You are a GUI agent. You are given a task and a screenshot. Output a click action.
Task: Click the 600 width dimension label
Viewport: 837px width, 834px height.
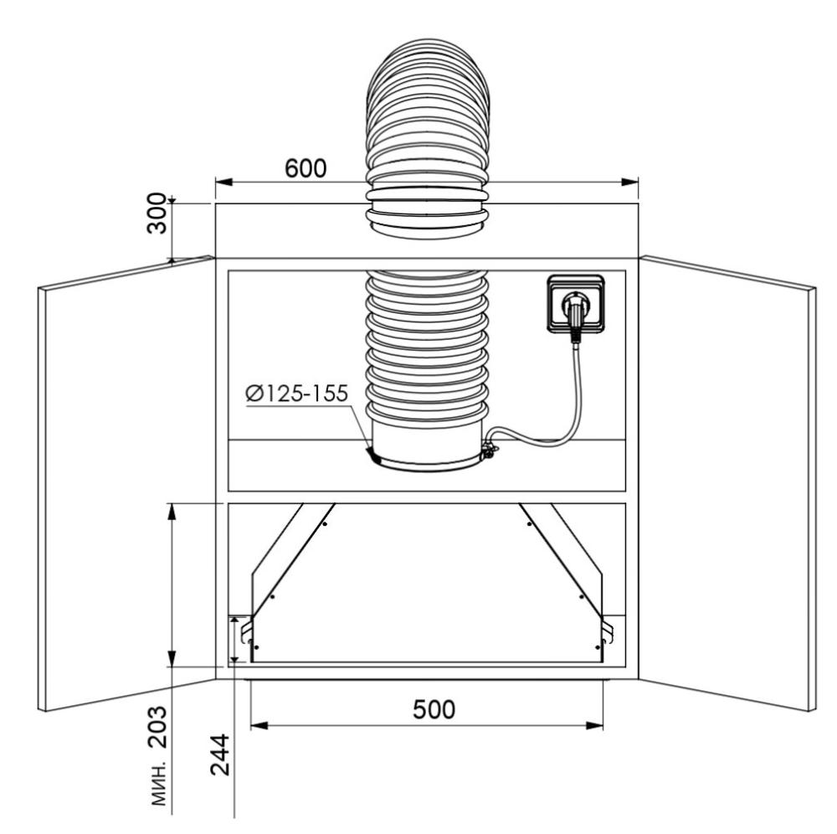pyautogui.click(x=306, y=168)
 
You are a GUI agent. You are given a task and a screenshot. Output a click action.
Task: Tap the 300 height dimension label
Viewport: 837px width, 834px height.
pyautogui.click(x=157, y=213)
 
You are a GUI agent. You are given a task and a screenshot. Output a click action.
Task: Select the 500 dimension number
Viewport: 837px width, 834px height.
pyautogui.click(x=434, y=709)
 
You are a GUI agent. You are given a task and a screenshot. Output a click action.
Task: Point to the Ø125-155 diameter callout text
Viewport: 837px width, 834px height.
pyautogui.click(x=297, y=394)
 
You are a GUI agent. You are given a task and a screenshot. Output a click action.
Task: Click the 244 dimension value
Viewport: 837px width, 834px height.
pyautogui.click(x=219, y=754)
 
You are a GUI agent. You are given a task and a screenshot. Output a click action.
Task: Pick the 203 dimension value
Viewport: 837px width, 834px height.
pyautogui.click(x=157, y=727)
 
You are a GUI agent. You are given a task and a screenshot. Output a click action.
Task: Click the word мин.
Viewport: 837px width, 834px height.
pyautogui.click(x=158, y=782)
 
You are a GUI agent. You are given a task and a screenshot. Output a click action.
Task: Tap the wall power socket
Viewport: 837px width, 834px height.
pyautogui.click(x=576, y=304)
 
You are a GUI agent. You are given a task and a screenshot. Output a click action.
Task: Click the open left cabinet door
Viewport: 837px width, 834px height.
pyautogui.click(x=126, y=483)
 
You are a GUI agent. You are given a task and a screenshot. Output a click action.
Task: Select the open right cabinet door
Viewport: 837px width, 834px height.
pyautogui.click(x=727, y=483)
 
